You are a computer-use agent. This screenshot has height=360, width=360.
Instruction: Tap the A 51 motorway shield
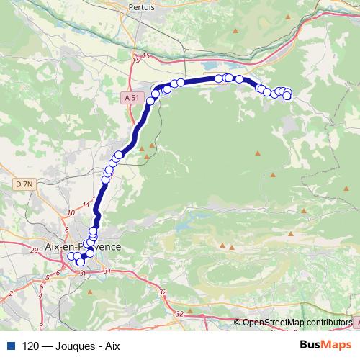[x=131, y=96]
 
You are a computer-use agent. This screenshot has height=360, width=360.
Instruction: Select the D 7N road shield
[x=24, y=184]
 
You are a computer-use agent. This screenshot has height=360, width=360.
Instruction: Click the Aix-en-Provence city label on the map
[x=83, y=246]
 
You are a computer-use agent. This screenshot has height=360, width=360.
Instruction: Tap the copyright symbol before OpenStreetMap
[x=238, y=322]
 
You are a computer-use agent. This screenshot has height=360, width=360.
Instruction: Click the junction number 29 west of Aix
[x=35, y=250]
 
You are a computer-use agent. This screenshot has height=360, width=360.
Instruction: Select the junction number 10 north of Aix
[x=71, y=212]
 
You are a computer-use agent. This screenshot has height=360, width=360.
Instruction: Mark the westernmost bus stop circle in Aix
[x=71, y=256]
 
